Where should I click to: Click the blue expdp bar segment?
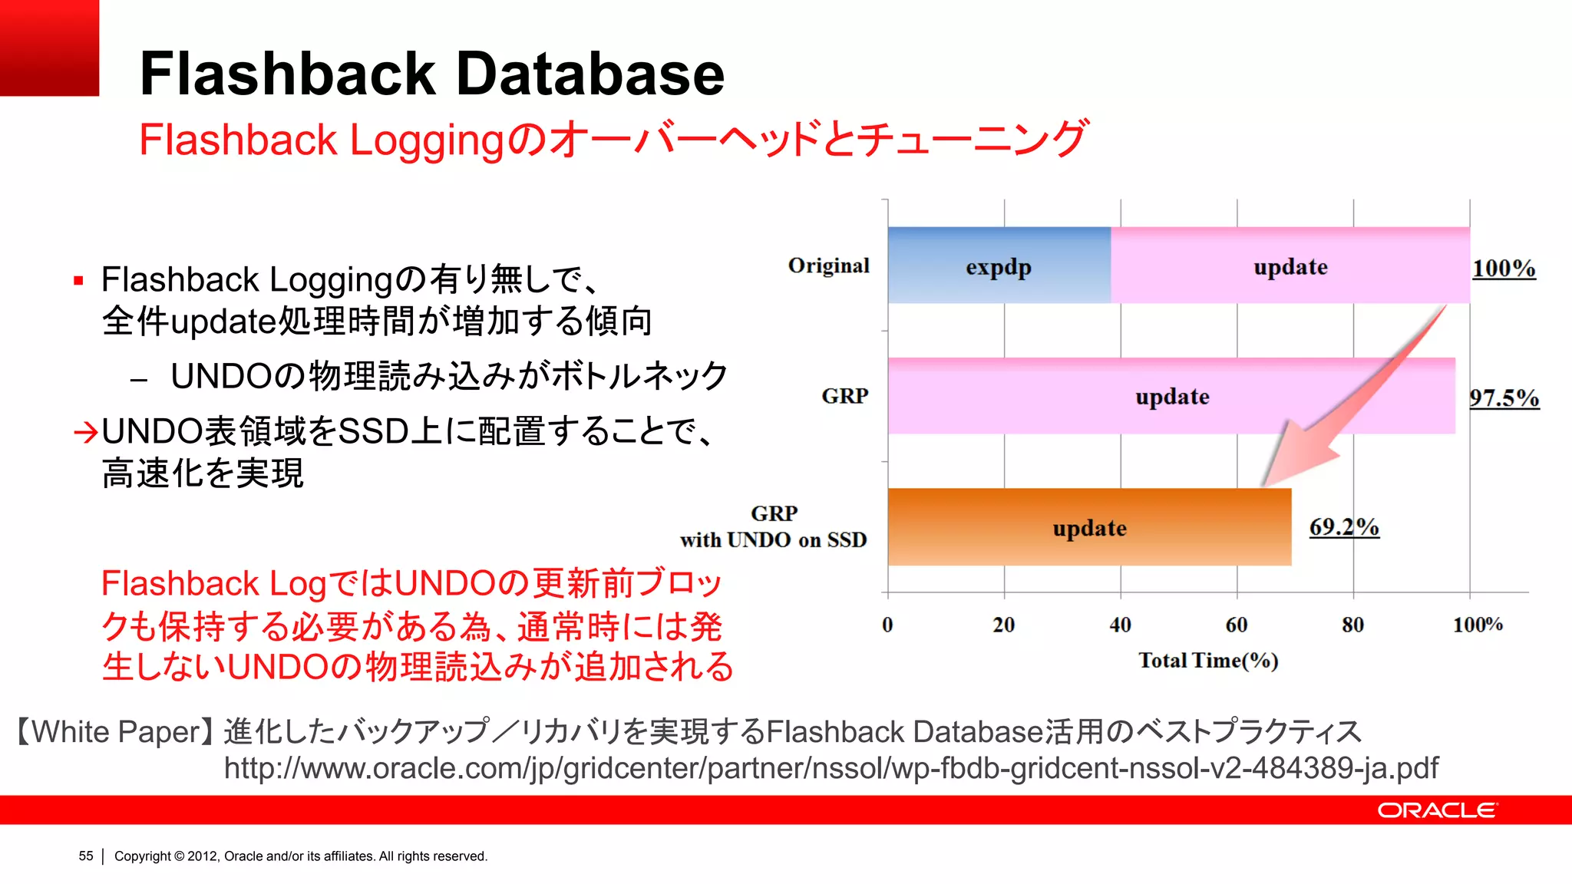[x=999, y=266]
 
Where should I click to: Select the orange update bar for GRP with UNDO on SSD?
[x=1089, y=527]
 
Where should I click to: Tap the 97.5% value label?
[x=1504, y=397]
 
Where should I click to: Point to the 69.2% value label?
[x=1343, y=526]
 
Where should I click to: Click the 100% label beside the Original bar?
[x=1504, y=268]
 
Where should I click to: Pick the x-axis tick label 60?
[x=1236, y=625]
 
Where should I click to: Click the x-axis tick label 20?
[x=1003, y=625]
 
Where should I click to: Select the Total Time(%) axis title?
[x=1208, y=660]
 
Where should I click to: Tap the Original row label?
[x=828, y=266]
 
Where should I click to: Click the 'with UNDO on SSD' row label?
[x=773, y=539]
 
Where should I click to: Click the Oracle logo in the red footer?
[x=1436, y=810]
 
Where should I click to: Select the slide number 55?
[x=86, y=856]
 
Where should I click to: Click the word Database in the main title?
[x=590, y=74]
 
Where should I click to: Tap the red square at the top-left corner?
[x=49, y=48]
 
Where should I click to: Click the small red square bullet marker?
[x=78, y=281]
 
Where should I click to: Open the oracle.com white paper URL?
[x=831, y=767]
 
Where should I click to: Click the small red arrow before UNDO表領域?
[x=85, y=433]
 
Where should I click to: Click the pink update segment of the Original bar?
[x=1290, y=266]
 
